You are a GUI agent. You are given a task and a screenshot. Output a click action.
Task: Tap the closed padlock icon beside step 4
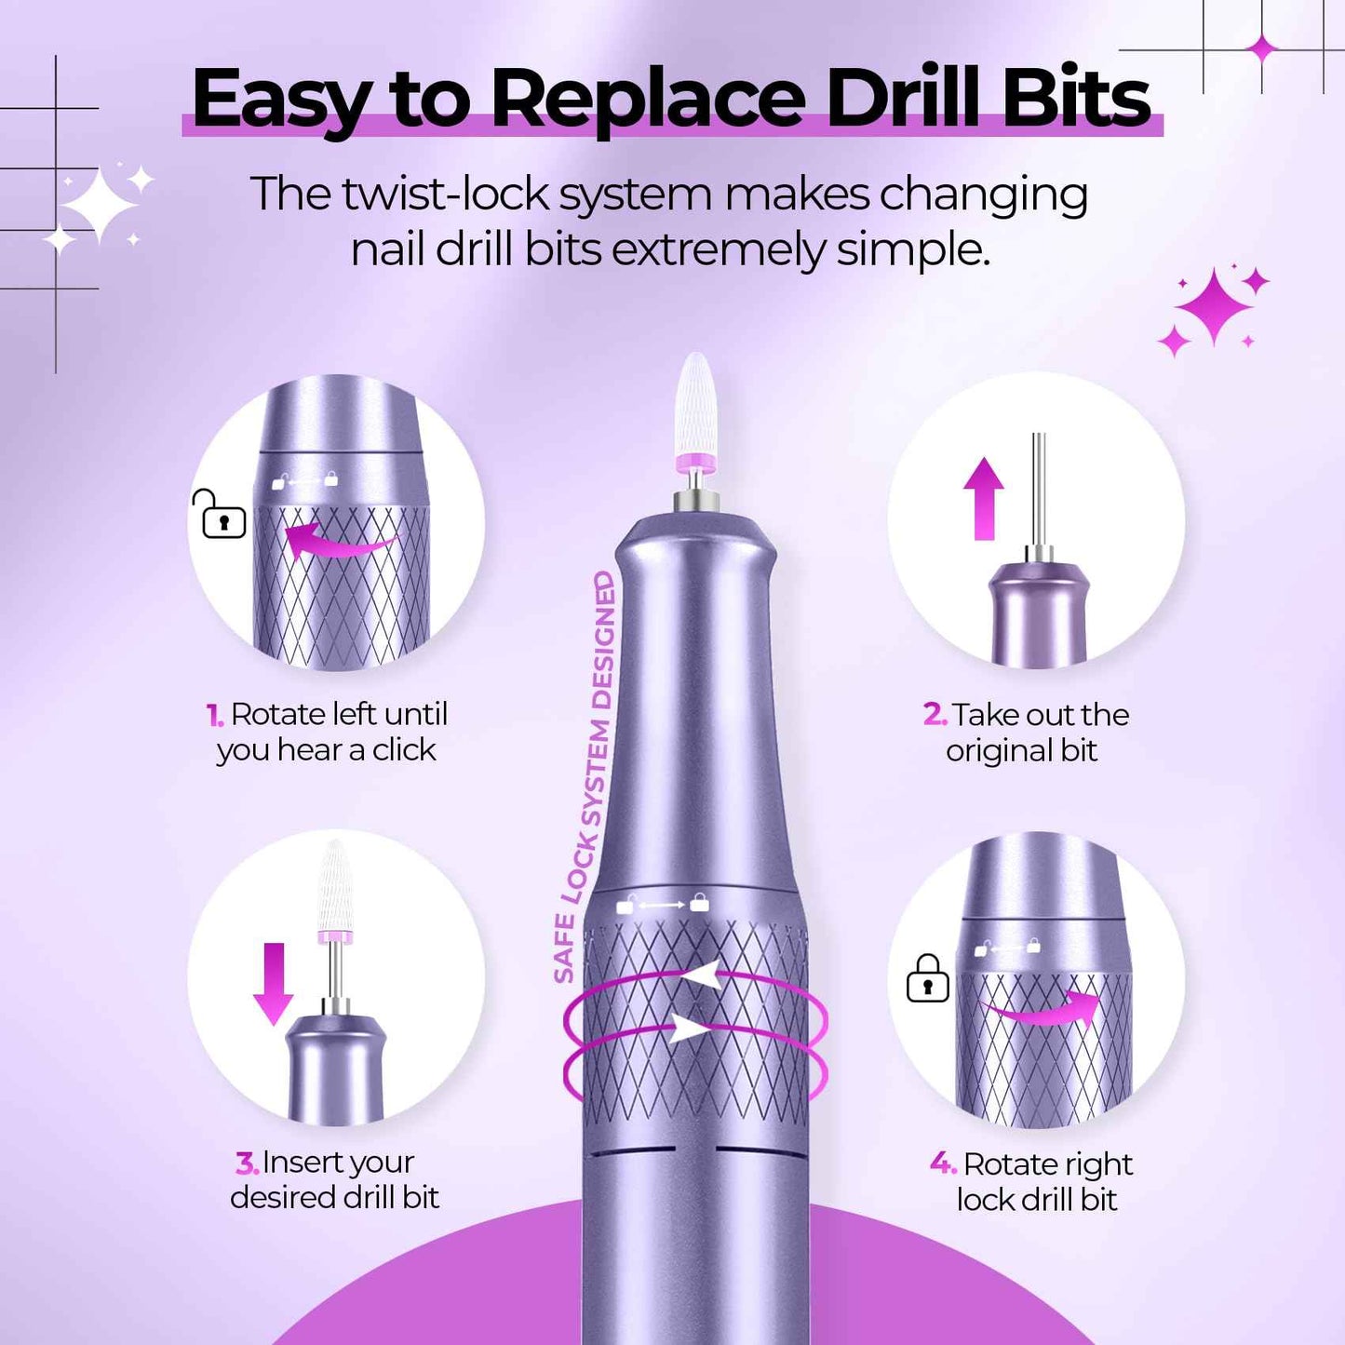tap(927, 979)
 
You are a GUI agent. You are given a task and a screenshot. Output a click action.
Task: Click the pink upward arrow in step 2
tap(983, 498)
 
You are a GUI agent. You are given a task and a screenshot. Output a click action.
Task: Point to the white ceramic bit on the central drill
tap(696, 405)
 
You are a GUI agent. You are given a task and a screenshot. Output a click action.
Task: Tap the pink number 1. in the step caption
tap(215, 715)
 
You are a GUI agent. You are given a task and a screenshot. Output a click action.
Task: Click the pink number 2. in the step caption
tap(935, 714)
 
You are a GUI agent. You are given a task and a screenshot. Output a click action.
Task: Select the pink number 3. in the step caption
tap(247, 1163)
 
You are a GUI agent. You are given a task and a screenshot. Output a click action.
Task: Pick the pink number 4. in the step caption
tap(943, 1163)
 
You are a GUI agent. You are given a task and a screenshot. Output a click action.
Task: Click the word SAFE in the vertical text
tap(563, 948)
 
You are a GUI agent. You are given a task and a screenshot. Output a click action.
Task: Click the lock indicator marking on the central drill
tap(663, 904)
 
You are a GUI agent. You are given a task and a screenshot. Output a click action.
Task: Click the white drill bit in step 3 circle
tap(334, 884)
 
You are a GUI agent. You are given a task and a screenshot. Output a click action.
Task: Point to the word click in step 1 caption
tap(404, 750)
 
